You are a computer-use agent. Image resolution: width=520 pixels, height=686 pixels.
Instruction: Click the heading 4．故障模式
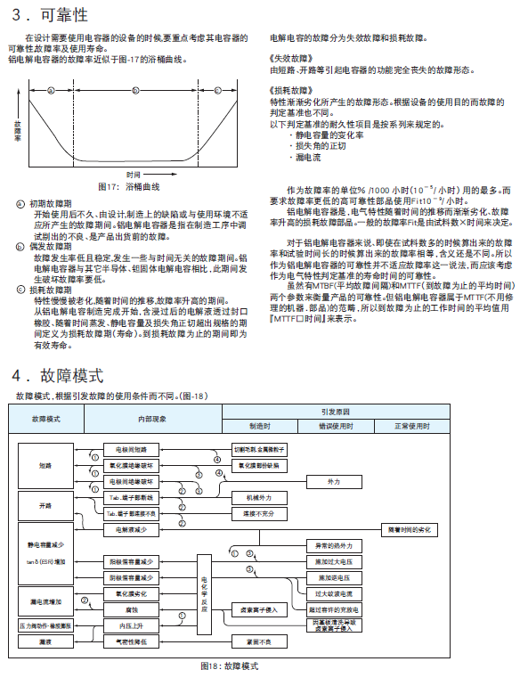(58, 375)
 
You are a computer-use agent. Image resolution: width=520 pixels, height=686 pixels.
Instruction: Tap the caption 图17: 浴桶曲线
(128, 187)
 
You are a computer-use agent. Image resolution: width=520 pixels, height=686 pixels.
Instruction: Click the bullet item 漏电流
(308, 156)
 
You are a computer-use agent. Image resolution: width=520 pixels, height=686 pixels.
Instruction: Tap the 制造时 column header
(259, 426)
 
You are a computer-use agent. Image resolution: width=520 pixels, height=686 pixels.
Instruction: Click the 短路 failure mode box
(45, 465)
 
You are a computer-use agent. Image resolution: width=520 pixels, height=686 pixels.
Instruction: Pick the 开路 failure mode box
(45, 505)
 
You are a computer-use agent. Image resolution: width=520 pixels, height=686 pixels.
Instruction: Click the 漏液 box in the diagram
(45, 641)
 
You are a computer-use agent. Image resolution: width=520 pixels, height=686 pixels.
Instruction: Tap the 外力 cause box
(334, 481)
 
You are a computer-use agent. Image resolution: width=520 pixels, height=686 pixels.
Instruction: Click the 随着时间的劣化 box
(408, 529)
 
